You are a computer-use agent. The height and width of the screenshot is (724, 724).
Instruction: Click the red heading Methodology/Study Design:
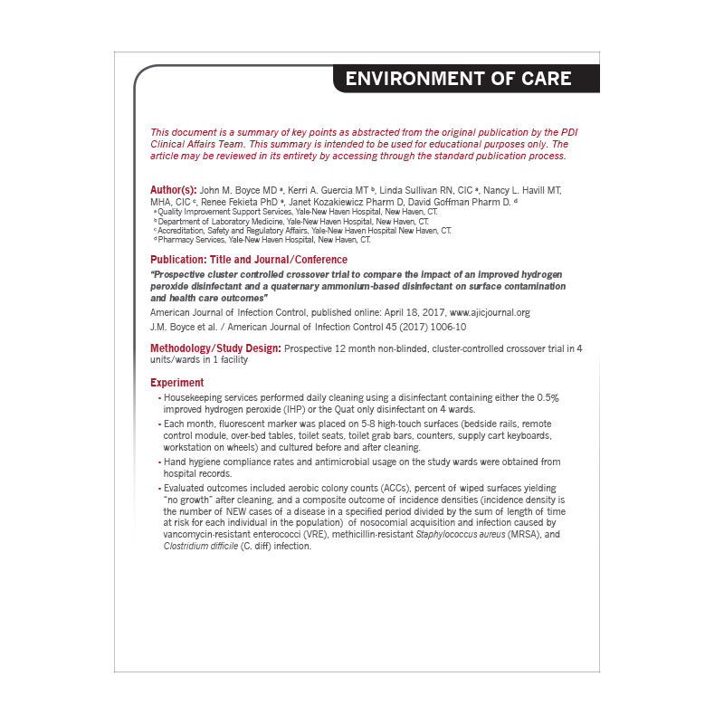[215, 348]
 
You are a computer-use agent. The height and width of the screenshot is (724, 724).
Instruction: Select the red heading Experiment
[177, 383]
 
